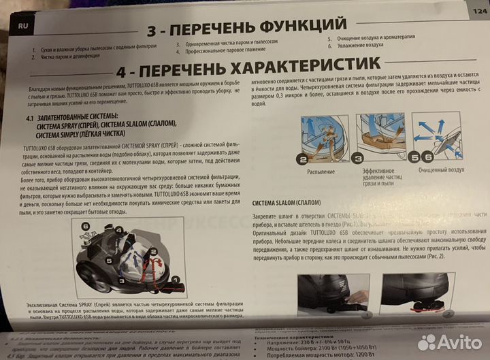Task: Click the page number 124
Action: (477, 12)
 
